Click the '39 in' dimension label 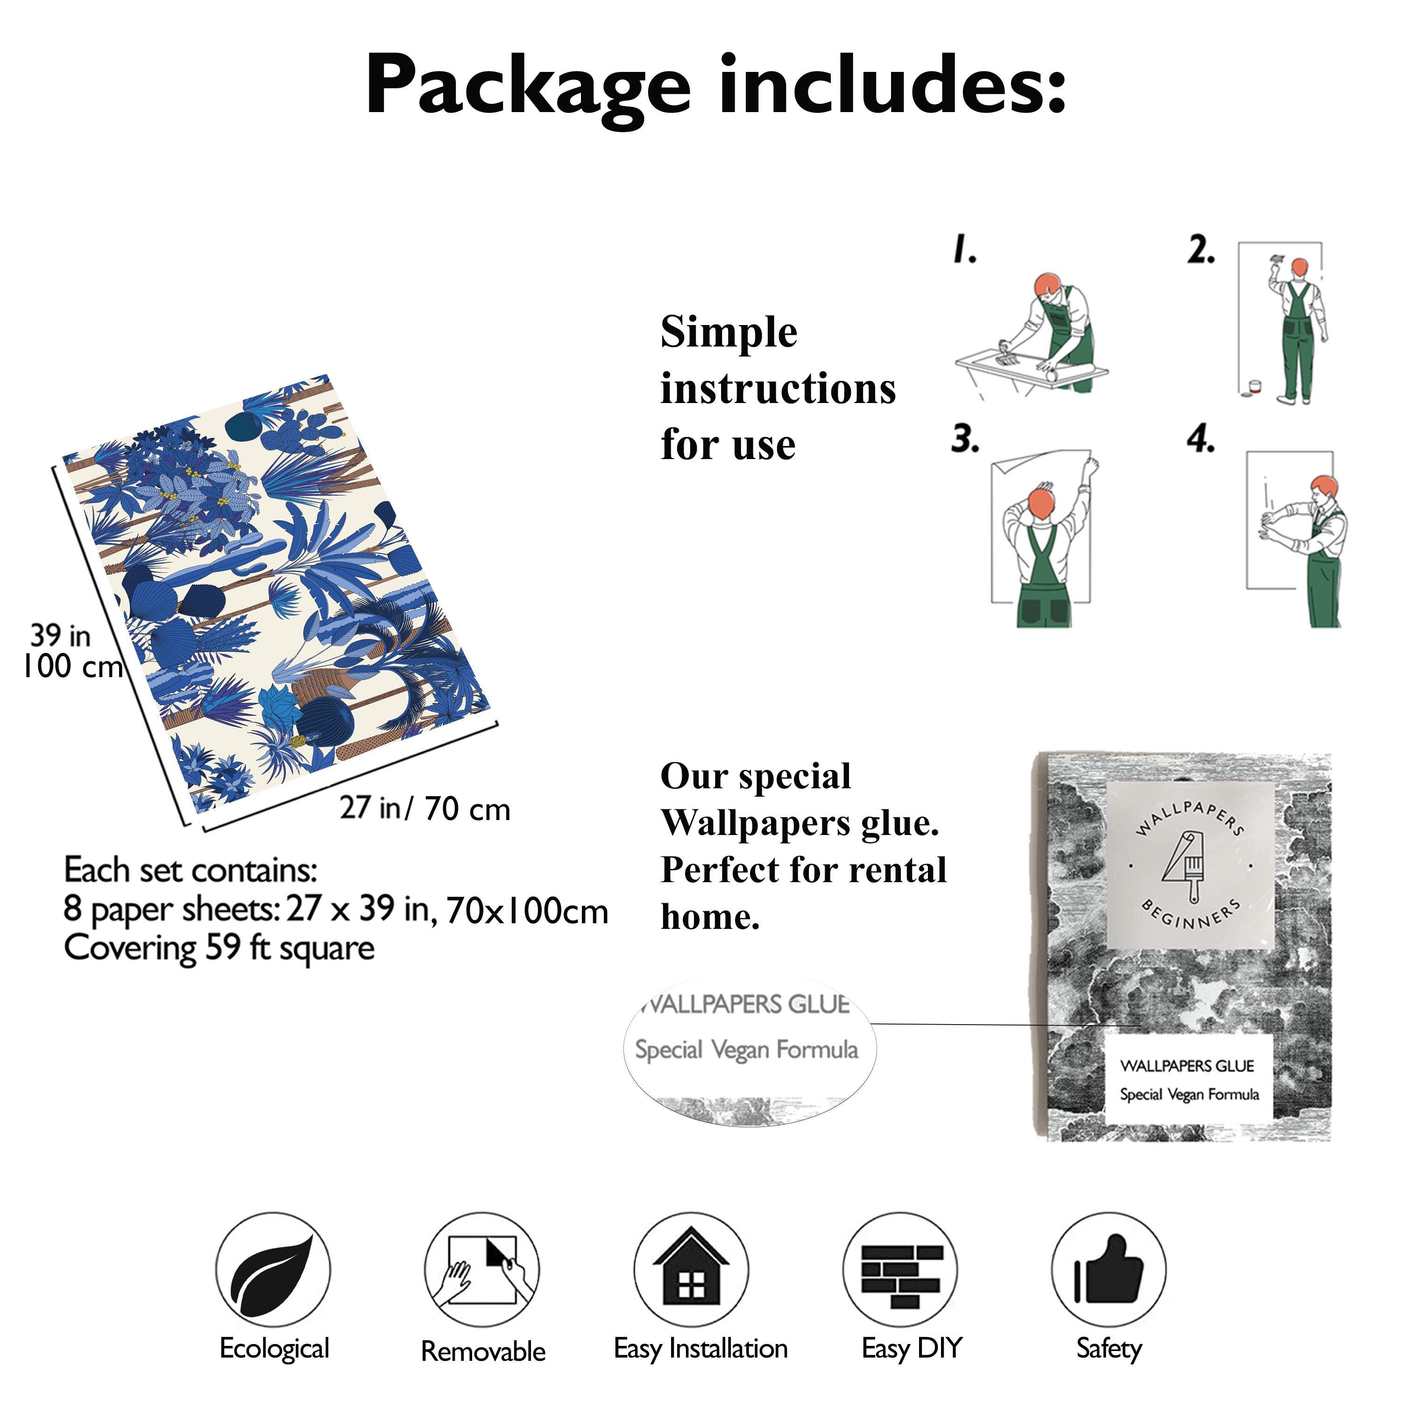click(60, 637)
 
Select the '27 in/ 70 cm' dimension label click(425, 808)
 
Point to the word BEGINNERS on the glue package click(1190, 914)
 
